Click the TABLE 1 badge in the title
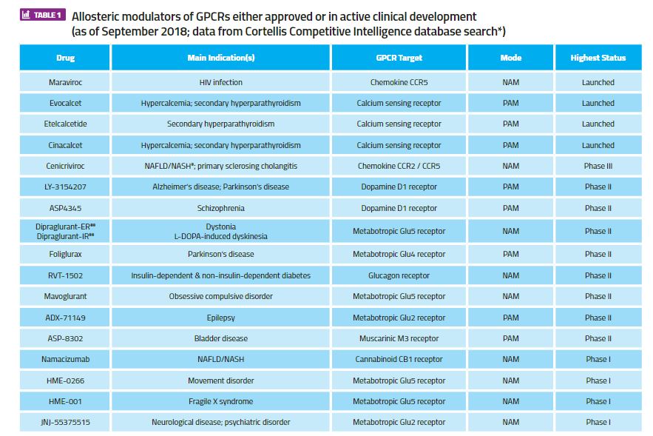pyautogui.click(x=44, y=15)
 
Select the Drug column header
pyautogui.click(x=65, y=58)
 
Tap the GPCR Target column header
pyautogui.click(x=399, y=58)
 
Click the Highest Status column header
pyautogui.click(x=598, y=58)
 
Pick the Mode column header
pyautogui.click(x=510, y=58)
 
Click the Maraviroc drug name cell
pyautogui.click(x=65, y=82)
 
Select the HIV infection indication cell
pyautogui.click(x=220, y=82)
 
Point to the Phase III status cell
pyautogui.click(x=598, y=167)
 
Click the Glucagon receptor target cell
pyautogui.click(x=399, y=275)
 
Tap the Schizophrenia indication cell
pyautogui.click(x=220, y=209)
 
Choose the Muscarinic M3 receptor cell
pyautogui.click(x=399, y=338)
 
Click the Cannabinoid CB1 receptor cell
pyautogui.click(x=399, y=359)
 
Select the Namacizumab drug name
pyautogui.click(x=65, y=359)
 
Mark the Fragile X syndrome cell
pyautogui.click(x=220, y=401)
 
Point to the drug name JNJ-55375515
pyautogui.click(x=65, y=422)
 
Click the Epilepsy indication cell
pyautogui.click(x=220, y=318)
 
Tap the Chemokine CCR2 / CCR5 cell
pyautogui.click(x=399, y=167)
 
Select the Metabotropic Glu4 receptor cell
pyautogui.click(x=399, y=254)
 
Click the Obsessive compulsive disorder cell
pyautogui.click(x=220, y=296)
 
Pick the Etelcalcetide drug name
pyautogui.click(x=65, y=124)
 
